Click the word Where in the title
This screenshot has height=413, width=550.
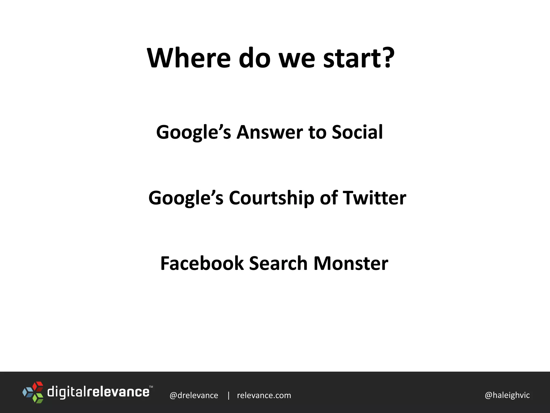point(189,58)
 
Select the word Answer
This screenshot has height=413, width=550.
point(269,132)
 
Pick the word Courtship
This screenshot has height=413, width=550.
point(271,198)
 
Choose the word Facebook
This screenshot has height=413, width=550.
point(202,263)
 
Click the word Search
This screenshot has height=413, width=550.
point(278,263)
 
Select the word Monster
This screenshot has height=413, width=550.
point(351,263)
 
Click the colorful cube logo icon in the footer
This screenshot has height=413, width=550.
point(33,392)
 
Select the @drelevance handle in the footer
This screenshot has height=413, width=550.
point(194,395)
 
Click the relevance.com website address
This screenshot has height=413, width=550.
point(264,395)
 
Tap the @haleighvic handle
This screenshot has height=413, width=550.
point(507,395)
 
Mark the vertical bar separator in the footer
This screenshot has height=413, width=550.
point(229,395)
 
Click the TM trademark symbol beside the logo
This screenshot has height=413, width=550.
point(151,387)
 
